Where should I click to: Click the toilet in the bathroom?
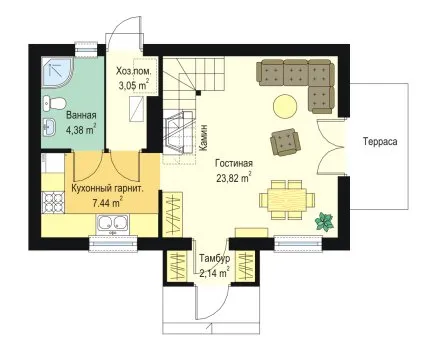tap(53, 103)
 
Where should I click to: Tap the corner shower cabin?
tap(55, 72)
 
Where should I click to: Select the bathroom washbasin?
tap(50, 127)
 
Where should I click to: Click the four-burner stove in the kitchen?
tap(53, 202)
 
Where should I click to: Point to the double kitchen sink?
tap(112, 223)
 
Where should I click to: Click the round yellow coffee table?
tap(285, 106)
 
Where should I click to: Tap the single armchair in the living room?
tap(285, 142)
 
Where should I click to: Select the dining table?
tap(287, 200)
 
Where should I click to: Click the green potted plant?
tap(324, 222)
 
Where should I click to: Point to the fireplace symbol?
tap(178, 133)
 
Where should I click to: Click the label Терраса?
tap(380, 141)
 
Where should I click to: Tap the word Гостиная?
tap(234, 163)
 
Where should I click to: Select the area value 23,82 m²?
tap(234, 178)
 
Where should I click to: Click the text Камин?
tap(204, 138)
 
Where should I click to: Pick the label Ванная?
tap(81, 115)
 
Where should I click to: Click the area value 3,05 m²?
tap(134, 85)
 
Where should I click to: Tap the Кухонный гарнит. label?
tap(108, 189)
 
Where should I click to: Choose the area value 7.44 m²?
tap(107, 202)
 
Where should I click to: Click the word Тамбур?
tap(215, 259)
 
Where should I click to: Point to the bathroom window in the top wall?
tap(86, 49)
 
